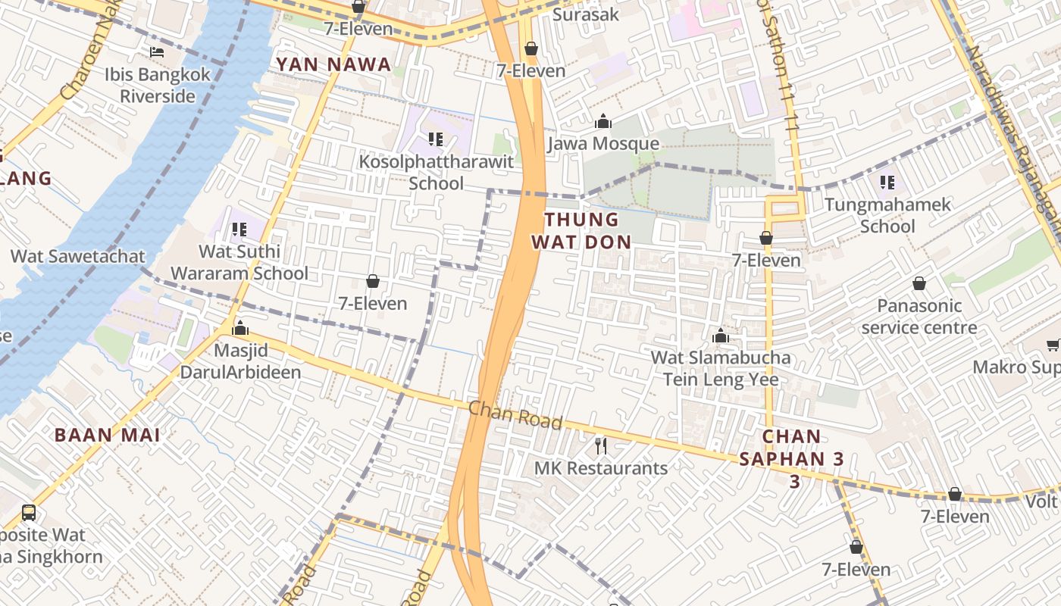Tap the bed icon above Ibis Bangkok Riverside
157,52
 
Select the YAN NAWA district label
333,65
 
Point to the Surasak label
585,14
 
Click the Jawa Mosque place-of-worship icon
603,121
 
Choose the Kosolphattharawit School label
436,173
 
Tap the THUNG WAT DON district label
581,231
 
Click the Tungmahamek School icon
887,182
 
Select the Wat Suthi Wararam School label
239,262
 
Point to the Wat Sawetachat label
77,256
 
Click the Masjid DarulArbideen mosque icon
240,328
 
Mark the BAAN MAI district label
107,436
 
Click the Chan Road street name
515,416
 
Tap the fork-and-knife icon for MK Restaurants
601,445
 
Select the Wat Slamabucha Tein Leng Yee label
721,368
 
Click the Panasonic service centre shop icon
919,284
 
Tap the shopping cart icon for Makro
1053,345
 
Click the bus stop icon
29,512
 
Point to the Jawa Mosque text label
603,144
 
